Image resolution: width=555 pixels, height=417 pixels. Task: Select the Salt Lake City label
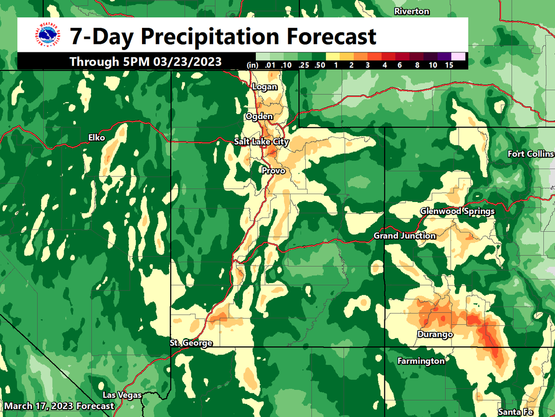[261, 142]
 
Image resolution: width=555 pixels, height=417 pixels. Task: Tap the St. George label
[191, 343]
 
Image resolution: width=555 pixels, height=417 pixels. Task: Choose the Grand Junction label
[405, 236]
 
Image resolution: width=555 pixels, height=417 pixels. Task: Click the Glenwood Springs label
[457, 211]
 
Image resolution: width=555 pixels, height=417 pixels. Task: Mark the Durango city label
[435, 334]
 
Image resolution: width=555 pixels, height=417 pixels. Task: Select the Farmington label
[421, 360]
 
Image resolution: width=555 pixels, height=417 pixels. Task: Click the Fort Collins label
[530, 154]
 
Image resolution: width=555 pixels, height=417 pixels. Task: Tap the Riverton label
[412, 12]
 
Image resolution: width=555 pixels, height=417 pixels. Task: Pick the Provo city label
[273, 171]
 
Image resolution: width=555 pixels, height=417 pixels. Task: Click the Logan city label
[265, 87]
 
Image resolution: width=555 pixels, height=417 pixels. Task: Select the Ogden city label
[259, 116]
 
